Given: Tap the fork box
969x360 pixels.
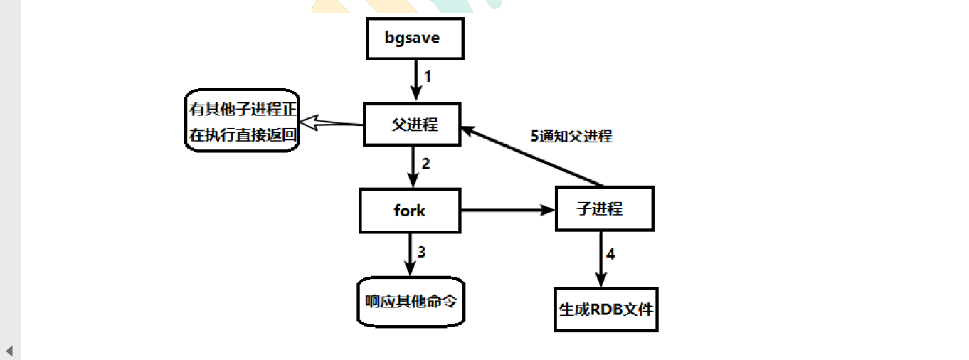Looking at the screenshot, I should click(x=410, y=211).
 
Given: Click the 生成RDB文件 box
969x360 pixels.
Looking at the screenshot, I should click(x=605, y=309).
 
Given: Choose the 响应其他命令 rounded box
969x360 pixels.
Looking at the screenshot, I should click(x=411, y=301).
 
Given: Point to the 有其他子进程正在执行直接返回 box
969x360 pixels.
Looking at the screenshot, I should click(x=241, y=121).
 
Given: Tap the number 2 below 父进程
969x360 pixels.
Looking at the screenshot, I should click(x=425, y=164).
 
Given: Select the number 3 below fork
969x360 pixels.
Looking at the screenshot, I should click(x=421, y=251).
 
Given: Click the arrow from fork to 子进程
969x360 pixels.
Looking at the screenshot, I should click(x=508, y=211).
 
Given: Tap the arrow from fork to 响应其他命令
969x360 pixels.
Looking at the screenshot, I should click(x=410, y=255).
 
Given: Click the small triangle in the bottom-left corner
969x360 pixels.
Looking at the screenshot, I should click(x=9, y=351).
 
